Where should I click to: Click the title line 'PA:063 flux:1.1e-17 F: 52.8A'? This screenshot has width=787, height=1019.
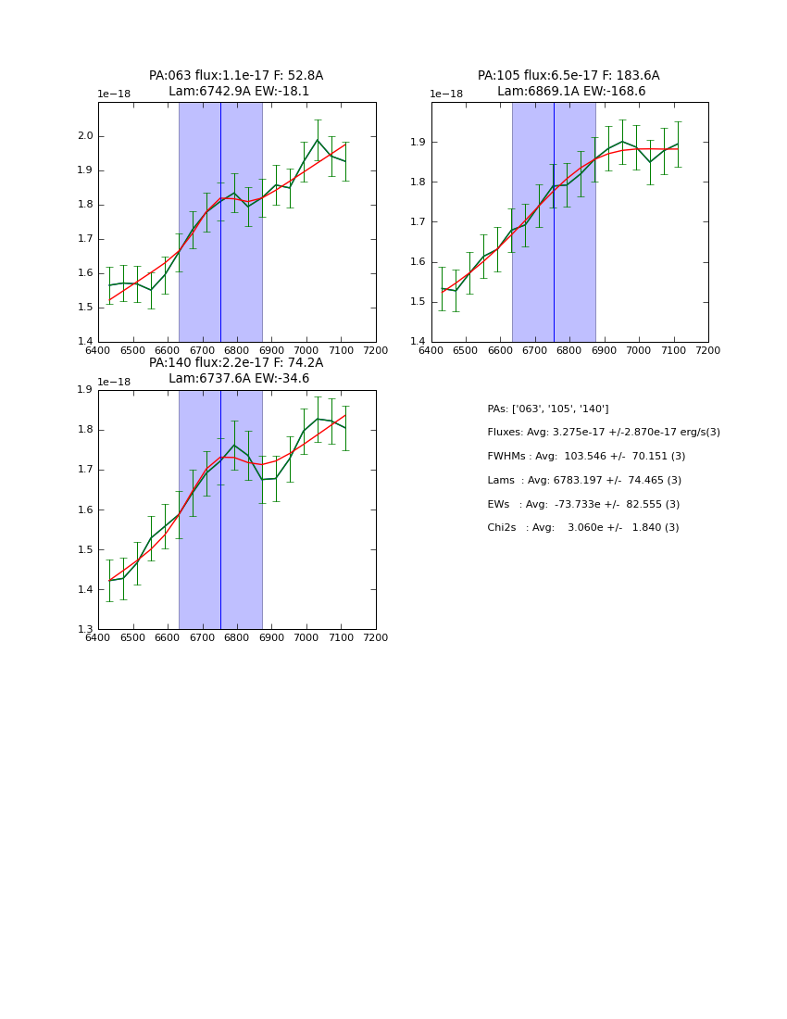(x=236, y=76)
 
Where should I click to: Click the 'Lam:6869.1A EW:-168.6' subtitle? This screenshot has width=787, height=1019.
(x=570, y=92)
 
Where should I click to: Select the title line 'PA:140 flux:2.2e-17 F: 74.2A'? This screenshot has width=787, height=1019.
(x=236, y=363)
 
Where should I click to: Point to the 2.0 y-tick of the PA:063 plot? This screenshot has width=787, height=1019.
(x=85, y=136)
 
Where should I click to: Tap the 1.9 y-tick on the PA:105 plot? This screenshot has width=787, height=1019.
(x=418, y=142)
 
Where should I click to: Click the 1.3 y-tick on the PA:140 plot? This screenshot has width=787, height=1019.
(x=85, y=629)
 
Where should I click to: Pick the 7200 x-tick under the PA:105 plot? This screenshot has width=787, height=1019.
(x=707, y=350)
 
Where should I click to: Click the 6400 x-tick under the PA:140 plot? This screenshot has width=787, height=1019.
(x=97, y=637)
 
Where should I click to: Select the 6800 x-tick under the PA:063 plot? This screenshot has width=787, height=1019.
(x=237, y=350)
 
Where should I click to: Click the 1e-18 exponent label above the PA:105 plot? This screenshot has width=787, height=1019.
(x=446, y=94)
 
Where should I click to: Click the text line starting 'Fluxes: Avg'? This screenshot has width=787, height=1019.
(x=603, y=433)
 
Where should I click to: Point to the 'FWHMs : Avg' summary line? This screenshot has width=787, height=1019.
(x=586, y=457)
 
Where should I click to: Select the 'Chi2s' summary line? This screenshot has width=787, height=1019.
(x=582, y=528)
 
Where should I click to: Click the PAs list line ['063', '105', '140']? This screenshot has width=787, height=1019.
(x=547, y=409)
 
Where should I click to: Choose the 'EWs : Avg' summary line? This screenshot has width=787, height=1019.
(x=583, y=504)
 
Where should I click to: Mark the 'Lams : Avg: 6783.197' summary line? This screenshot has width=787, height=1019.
(x=584, y=481)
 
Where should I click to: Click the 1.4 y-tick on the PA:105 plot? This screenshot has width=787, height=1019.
(x=418, y=342)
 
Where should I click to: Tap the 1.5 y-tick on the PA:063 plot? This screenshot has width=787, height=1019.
(x=85, y=308)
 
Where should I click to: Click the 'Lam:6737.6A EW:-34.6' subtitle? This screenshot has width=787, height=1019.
(x=239, y=379)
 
